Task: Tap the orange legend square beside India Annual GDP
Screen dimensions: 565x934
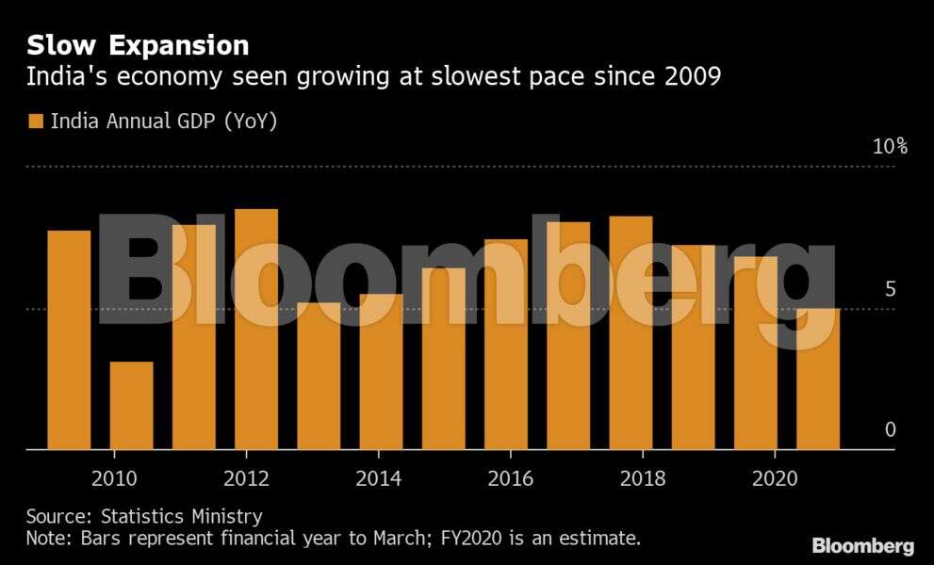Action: (x=36, y=121)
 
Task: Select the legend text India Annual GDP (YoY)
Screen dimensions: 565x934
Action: (x=163, y=121)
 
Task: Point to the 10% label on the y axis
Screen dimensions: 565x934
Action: (x=889, y=147)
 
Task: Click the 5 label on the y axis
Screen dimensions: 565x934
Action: (x=890, y=289)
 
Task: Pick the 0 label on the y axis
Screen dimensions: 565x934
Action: (x=890, y=430)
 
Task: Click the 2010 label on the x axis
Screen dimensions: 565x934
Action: (x=114, y=478)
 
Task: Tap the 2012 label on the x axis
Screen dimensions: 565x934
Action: (x=246, y=478)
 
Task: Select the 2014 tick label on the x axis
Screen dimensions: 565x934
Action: (x=378, y=478)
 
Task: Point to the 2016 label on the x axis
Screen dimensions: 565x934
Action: (x=510, y=478)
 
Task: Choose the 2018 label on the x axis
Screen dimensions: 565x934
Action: (x=642, y=478)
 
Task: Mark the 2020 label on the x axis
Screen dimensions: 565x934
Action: (x=774, y=478)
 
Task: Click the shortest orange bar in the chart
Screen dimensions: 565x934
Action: (x=131, y=406)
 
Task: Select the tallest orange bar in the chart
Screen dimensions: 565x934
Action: (x=256, y=330)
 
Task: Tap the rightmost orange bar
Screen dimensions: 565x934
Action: (x=817, y=379)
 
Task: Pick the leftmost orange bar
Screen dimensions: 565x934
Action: (x=69, y=340)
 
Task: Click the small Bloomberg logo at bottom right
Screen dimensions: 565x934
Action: (x=862, y=546)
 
